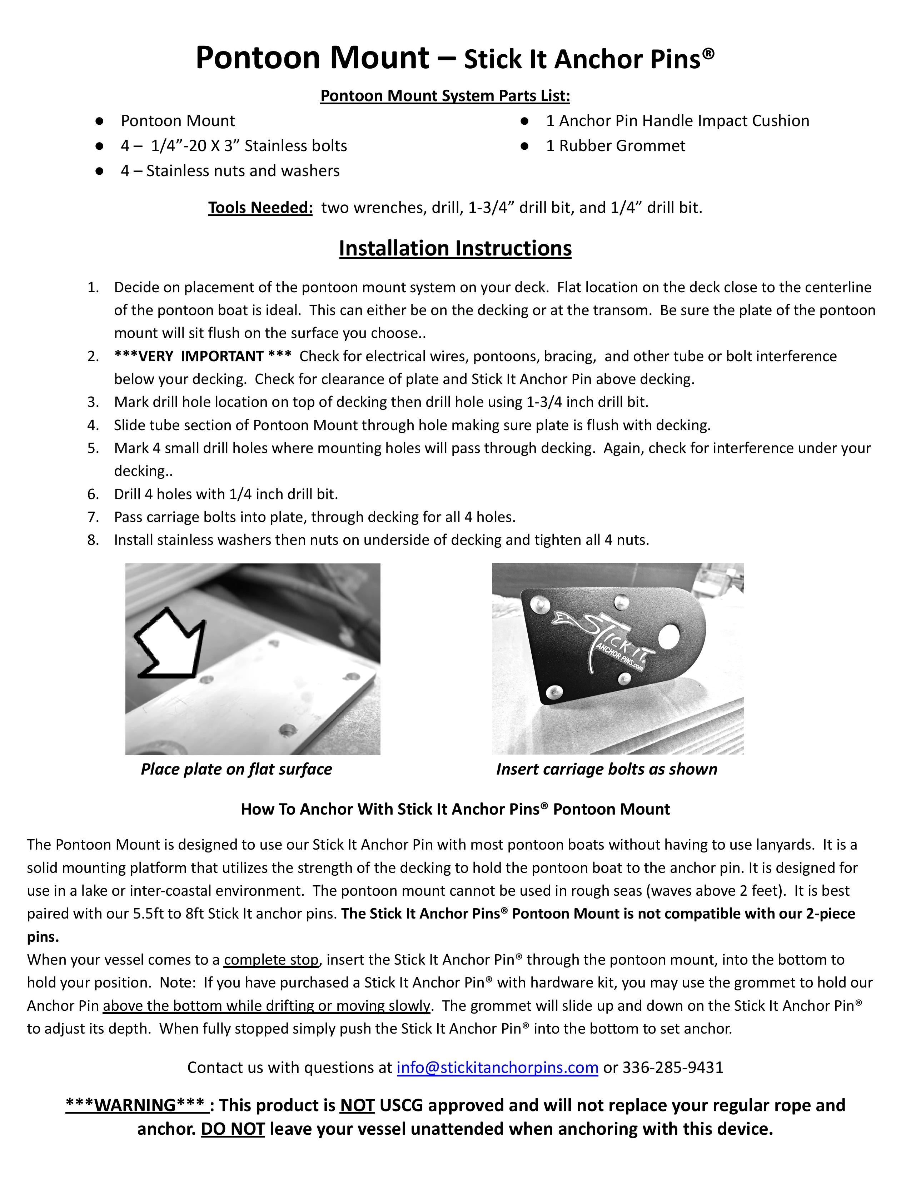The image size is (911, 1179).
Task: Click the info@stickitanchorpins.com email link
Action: pyautogui.click(x=497, y=1067)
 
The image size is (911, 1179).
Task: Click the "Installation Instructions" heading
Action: pyautogui.click(x=455, y=248)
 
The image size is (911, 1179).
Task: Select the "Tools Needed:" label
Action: pyautogui.click(x=260, y=207)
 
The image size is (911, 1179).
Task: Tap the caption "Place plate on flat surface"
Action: pyautogui.click(x=237, y=769)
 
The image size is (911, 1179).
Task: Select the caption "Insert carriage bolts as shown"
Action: pyautogui.click(x=607, y=769)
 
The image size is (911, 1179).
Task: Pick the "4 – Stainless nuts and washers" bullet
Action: pyautogui.click(x=230, y=170)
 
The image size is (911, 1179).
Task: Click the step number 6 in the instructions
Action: pyautogui.click(x=93, y=494)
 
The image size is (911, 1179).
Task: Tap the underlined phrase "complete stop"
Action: pyautogui.click(x=271, y=959)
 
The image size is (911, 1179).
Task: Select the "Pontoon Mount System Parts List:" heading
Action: pyautogui.click(x=445, y=95)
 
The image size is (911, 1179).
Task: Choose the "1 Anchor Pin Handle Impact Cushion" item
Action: pyautogui.click(x=677, y=120)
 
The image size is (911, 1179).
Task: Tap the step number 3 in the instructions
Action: pyautogui.click(x=93, y=402)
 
